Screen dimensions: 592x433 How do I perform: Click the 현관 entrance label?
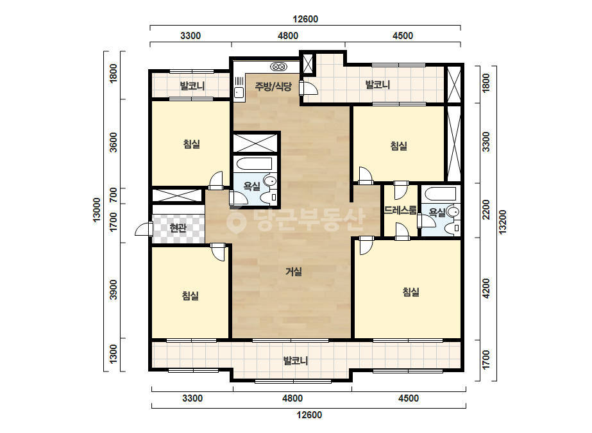click(178, 227)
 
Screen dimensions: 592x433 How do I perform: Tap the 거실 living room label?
click(293, 271)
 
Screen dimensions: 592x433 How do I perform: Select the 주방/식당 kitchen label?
click(273, 86)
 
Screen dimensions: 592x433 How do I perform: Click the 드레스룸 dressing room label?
click(401, 209)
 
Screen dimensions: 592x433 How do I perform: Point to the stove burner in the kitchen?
click(279, 67)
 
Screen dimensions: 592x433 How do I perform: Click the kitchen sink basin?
click(239, 92)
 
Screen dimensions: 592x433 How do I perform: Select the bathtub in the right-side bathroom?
click(440, 194)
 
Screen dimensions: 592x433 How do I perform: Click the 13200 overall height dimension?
click(502, 222)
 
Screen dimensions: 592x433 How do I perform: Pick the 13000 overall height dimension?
click(97, 209)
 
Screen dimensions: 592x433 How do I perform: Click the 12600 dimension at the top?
click(305, 19)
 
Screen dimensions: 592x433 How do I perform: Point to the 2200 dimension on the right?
click(486, 209)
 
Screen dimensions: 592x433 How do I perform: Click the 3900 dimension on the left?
click(114, 290)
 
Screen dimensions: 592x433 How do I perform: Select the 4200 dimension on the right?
click(486, 288)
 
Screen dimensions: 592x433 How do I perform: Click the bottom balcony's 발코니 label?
click(296, 361)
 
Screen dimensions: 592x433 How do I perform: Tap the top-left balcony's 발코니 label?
click(192, 86)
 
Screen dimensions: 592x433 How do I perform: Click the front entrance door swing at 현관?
click(143, 229)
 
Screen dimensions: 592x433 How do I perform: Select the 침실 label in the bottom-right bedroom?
click(410, 291)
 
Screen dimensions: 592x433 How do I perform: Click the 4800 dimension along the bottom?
click(292, 398)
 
